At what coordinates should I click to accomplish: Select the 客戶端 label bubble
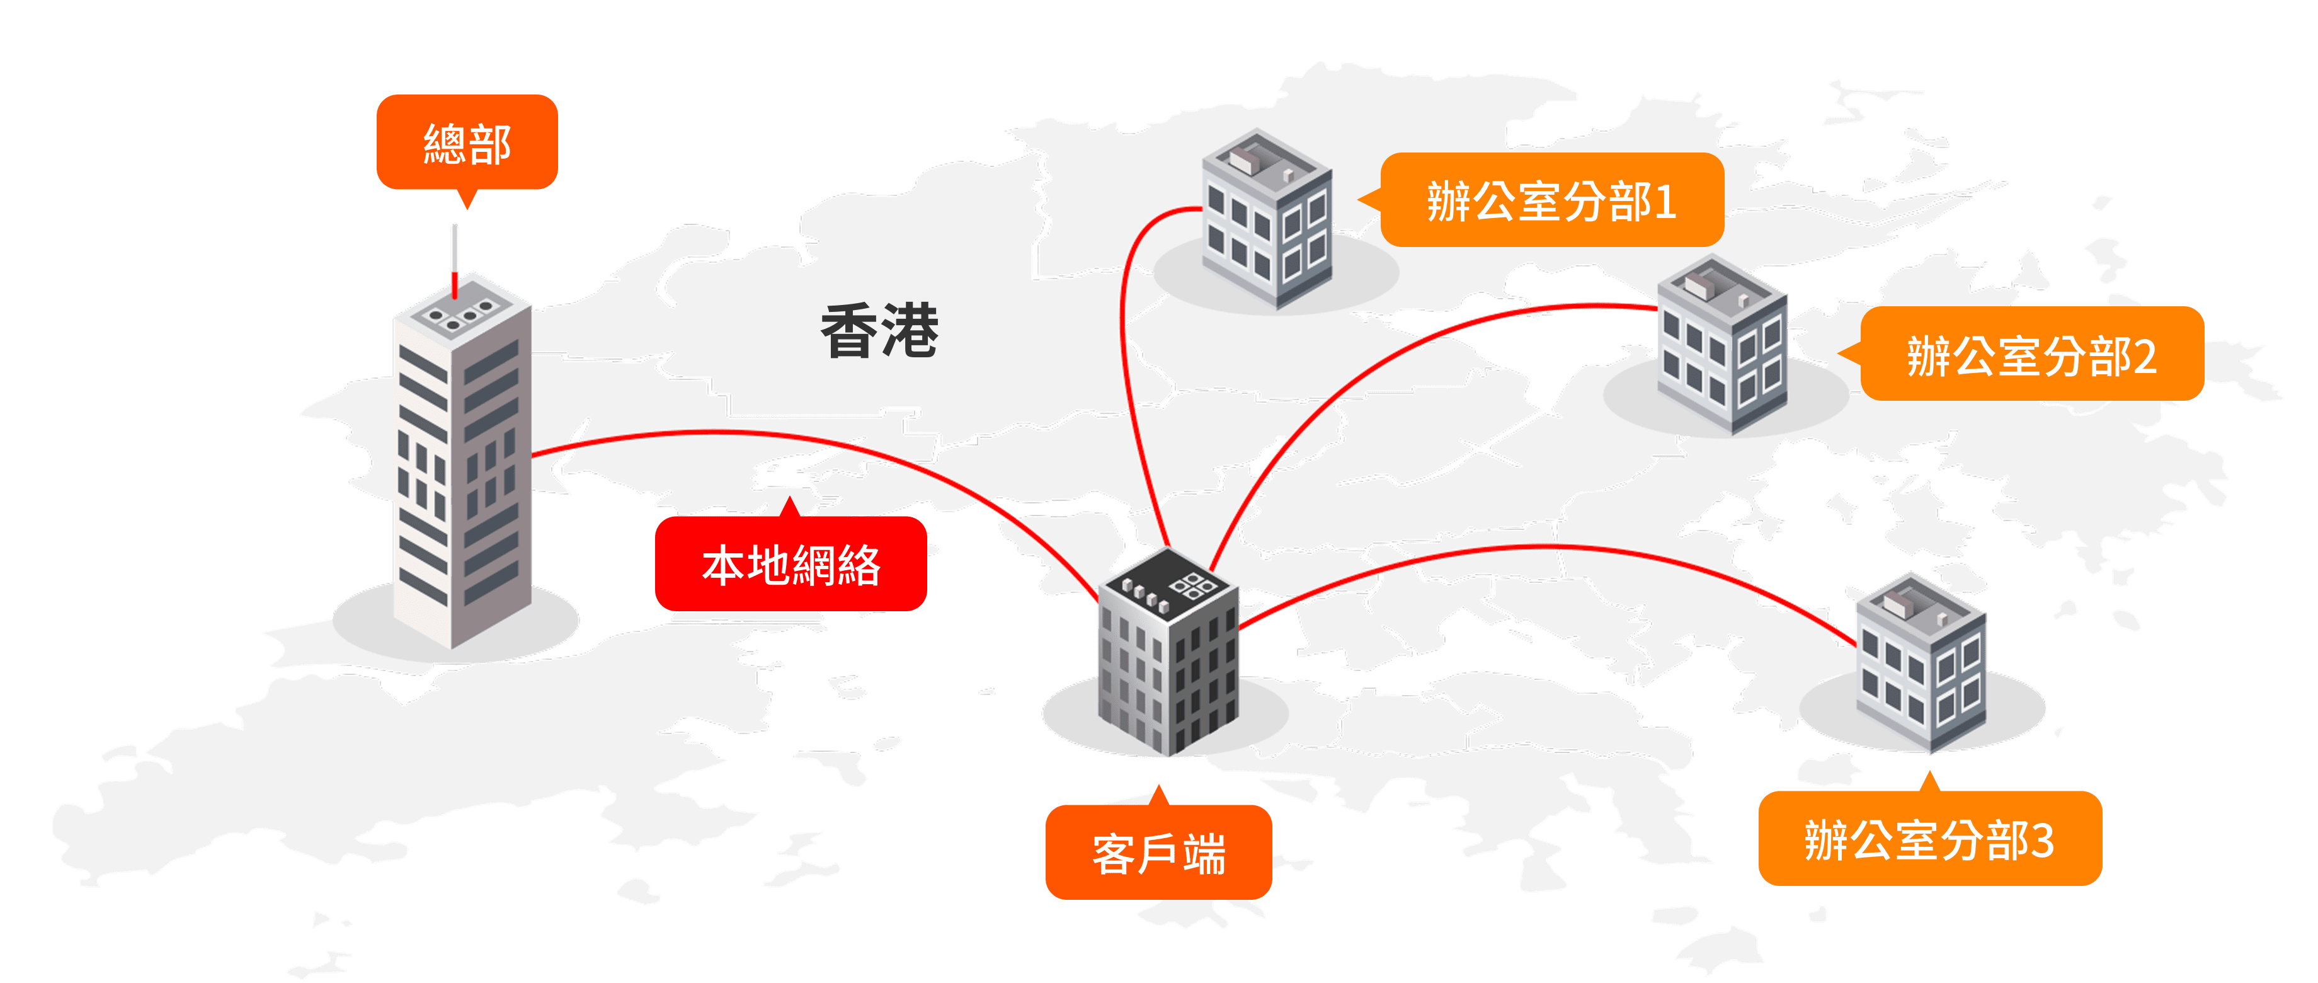click(1159, 851)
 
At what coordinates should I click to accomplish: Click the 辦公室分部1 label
click(1552, 200)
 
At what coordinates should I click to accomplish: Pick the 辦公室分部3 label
click(1930, 838)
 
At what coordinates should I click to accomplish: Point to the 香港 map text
click(879, 330)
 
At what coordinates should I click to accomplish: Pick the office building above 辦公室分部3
click(1922, 662)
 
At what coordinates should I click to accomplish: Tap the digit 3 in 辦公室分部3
click(2043, 840)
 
